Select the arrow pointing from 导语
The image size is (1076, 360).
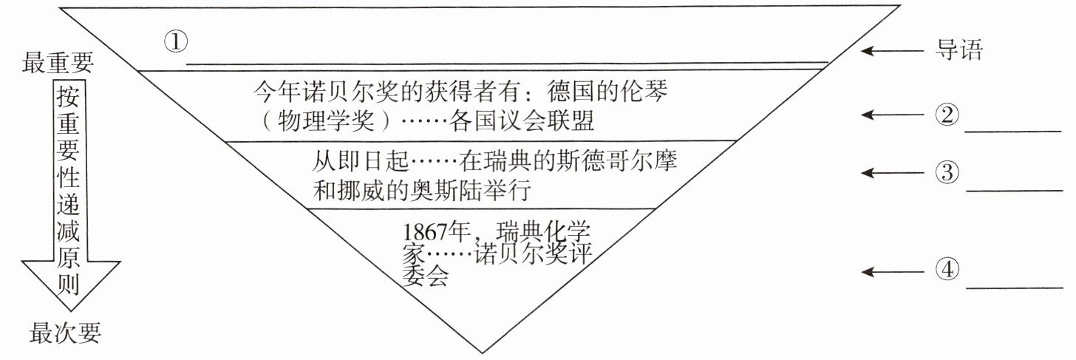point(890,52)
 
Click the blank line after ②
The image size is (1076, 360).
point(1012,130)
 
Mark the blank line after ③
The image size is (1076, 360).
point(1012,190)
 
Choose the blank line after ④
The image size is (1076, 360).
point(1012,288)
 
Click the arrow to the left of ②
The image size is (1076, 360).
point(890,115)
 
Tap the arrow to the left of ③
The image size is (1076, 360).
point(890,173)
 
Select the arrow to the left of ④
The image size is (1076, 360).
point(890,272)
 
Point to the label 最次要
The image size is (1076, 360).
point(65,334)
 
